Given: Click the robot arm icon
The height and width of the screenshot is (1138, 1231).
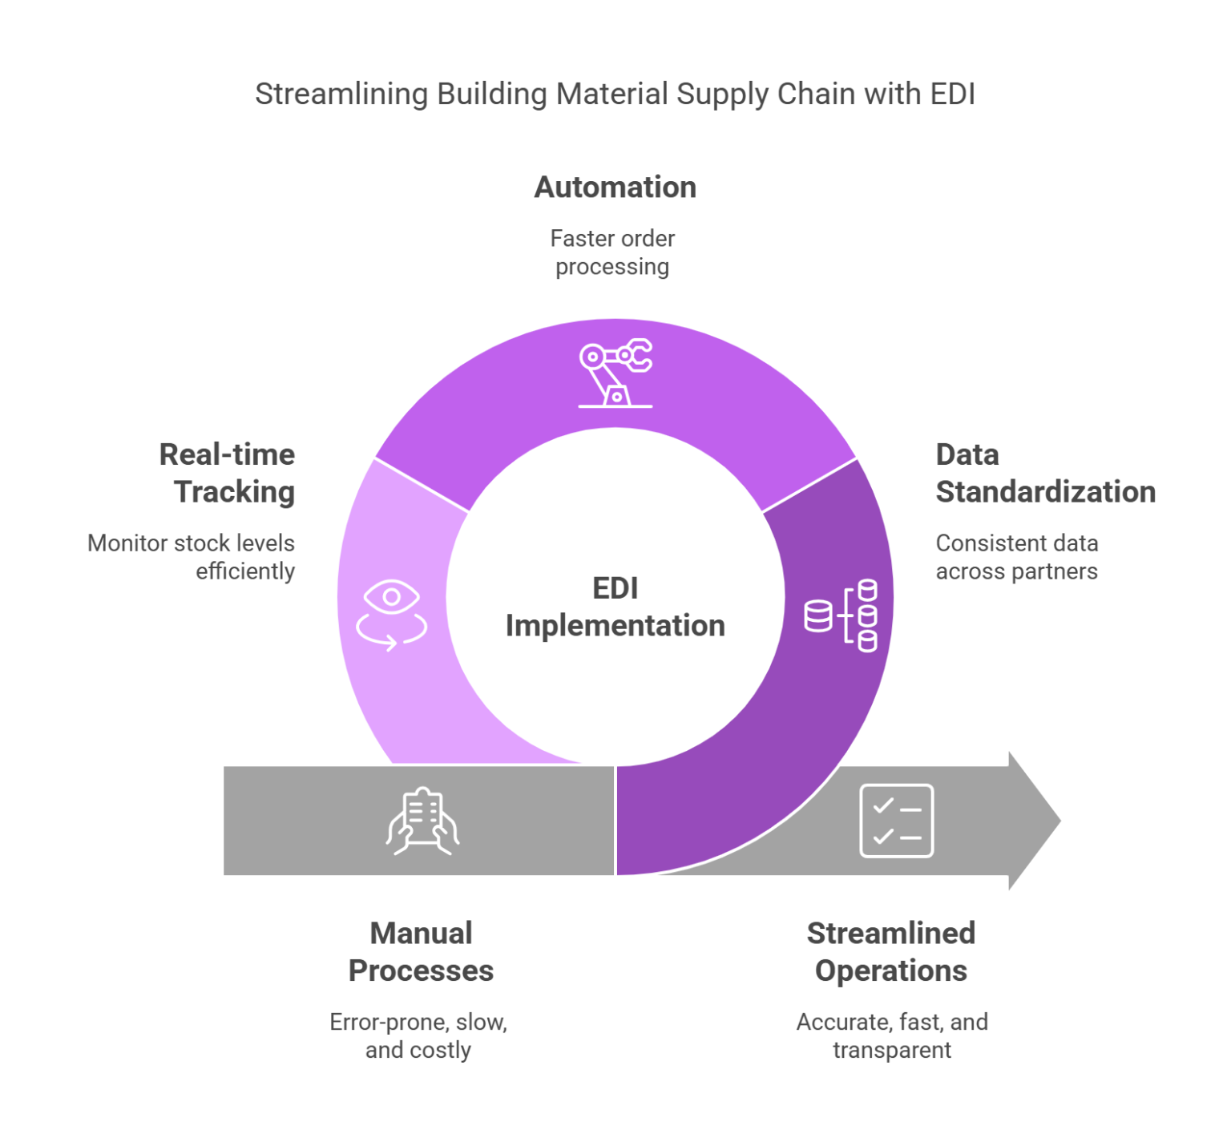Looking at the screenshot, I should [615, 373].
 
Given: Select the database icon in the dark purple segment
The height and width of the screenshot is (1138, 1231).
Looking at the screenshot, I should [842, 615].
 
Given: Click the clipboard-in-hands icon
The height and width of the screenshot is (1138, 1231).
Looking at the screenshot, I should [423, 821].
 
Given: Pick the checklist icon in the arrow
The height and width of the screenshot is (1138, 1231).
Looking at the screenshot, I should [896, 821].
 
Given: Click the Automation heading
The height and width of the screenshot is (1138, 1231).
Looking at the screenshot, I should [615, 188].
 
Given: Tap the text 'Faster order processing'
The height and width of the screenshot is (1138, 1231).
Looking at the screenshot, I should [613, 252].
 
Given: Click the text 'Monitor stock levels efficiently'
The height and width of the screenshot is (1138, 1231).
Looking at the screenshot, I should [192, 557].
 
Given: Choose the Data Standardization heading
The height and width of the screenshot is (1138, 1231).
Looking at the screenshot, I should [1044, 473].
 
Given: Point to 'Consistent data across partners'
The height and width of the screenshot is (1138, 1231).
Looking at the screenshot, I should [1016, 557].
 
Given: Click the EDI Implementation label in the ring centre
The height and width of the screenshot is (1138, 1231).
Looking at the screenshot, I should [615, 607].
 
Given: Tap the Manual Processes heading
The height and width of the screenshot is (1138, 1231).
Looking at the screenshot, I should [421, 952].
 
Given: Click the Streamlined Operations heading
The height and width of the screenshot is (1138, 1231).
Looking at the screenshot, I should [891, 952].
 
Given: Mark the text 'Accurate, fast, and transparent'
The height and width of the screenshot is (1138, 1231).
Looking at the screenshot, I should [892, 1036].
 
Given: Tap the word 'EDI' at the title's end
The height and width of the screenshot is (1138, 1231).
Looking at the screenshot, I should [952, 94].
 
